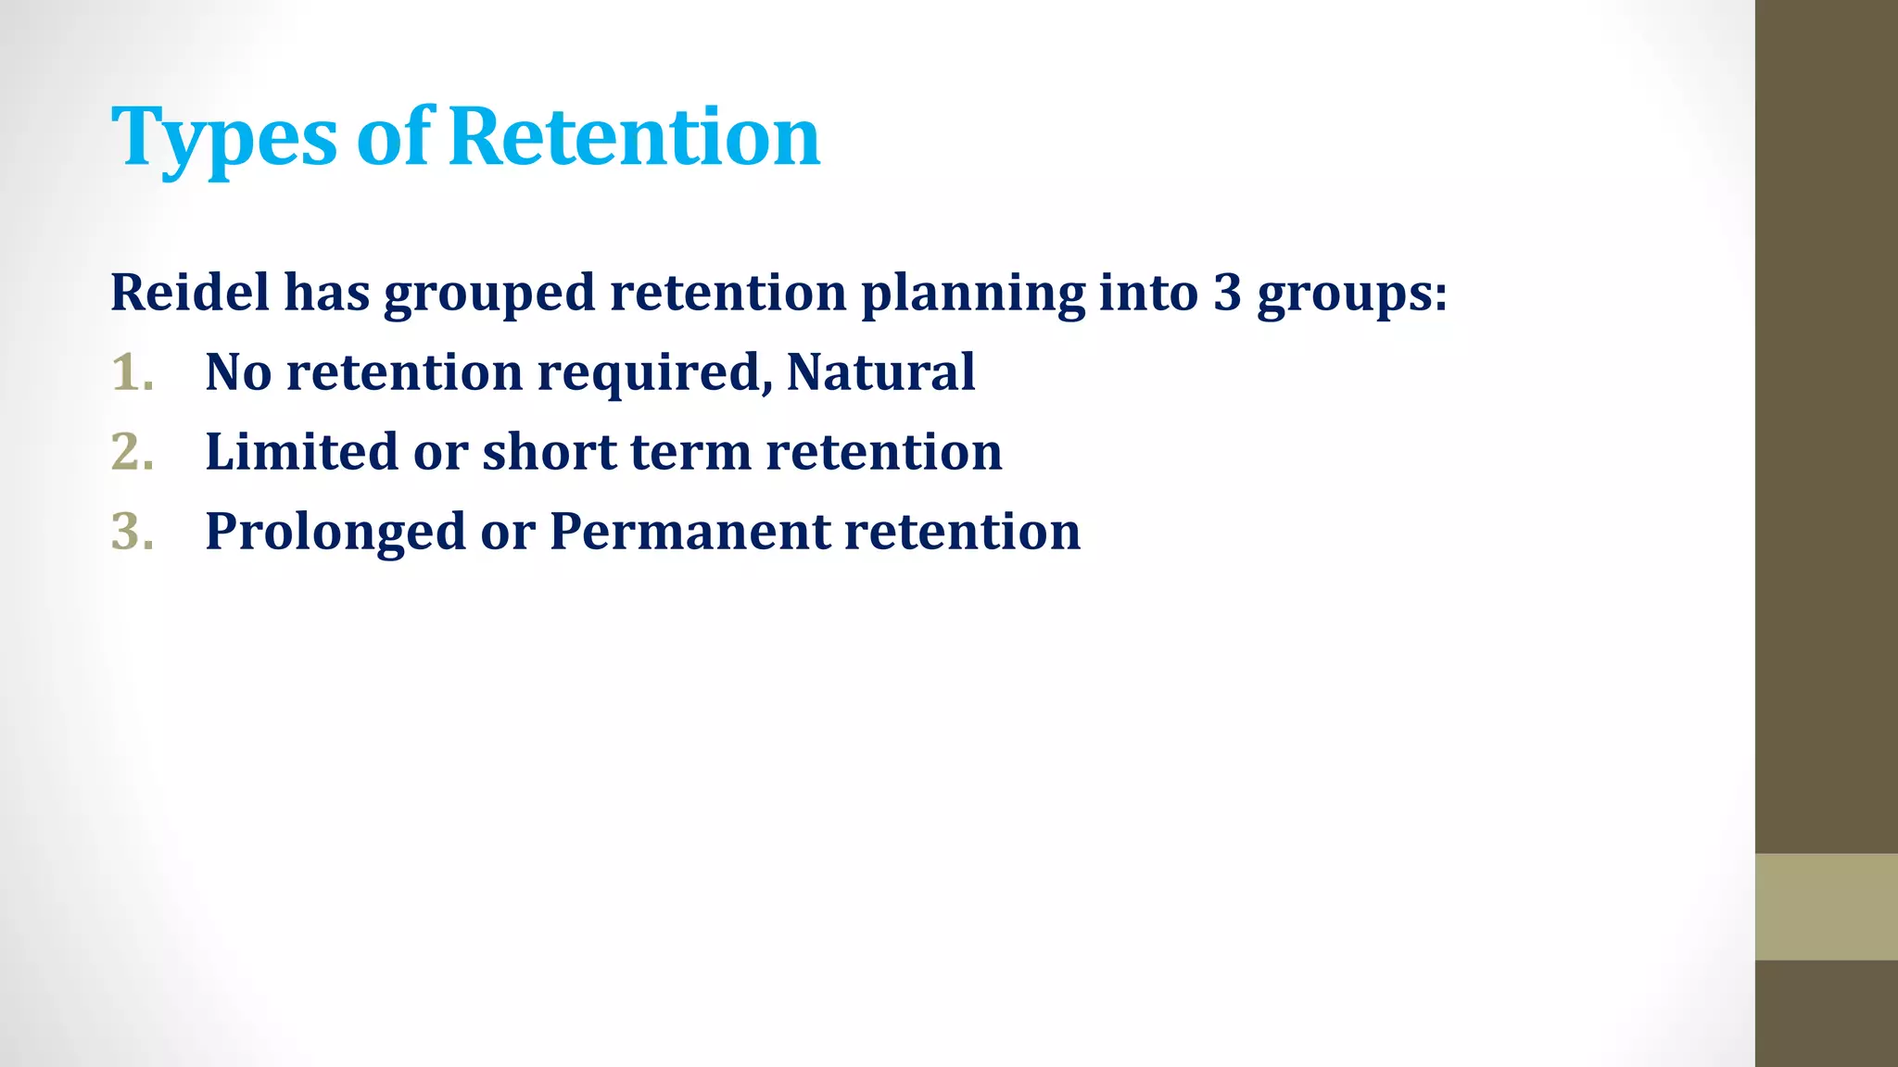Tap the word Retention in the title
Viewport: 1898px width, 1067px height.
(x=635, y=136)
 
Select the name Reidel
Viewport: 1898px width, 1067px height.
(x=190, y=293)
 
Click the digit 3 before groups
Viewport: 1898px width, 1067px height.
(x=1227, y=293)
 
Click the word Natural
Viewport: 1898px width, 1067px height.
(x=880, y=372)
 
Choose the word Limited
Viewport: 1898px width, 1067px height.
(x=301, y=452)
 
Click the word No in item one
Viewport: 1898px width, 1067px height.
(x=238, y=372)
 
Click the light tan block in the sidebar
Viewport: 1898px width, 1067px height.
(x=1826, y=907)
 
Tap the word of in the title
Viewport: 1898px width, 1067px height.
(x=394, y=136)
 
